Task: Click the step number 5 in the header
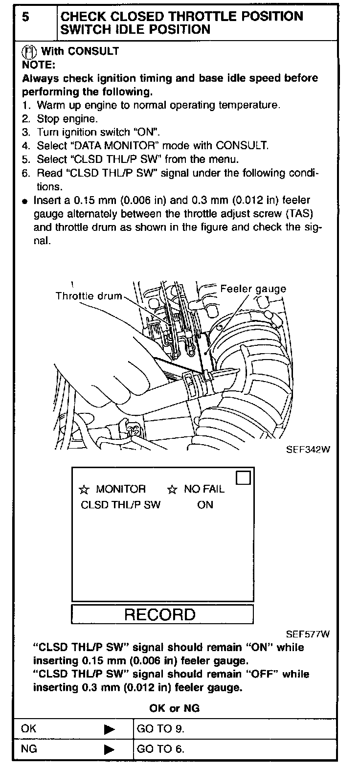25,17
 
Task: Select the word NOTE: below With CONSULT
39,65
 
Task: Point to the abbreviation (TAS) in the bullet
299,214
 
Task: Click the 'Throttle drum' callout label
88,296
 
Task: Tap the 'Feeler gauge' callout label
252,289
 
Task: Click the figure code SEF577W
308,635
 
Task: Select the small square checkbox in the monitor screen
243,478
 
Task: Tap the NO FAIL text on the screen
204,490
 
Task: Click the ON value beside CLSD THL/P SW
205,505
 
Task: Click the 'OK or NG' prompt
174,708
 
